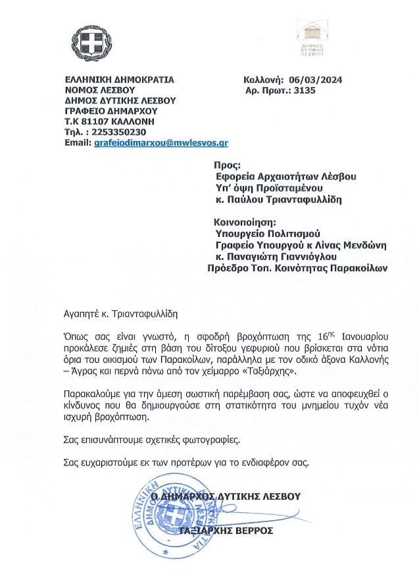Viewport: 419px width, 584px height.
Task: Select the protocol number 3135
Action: [305, 90]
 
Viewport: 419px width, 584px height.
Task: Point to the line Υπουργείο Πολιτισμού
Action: [267, 234]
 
